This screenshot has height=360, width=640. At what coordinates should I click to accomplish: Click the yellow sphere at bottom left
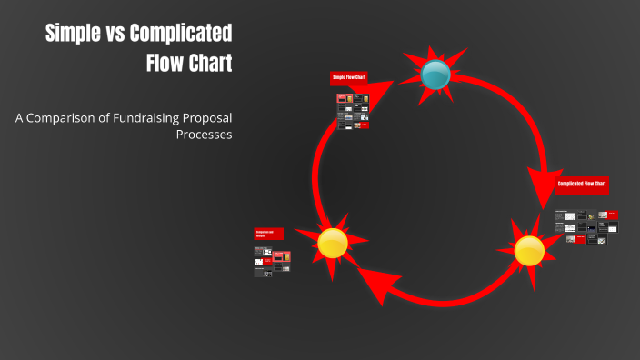(333, 243)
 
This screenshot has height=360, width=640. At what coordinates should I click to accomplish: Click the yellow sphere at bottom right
(529, 250)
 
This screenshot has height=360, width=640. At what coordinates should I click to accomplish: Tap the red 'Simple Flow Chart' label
(349, 78)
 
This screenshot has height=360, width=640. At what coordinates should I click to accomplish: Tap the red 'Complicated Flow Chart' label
(582, 184)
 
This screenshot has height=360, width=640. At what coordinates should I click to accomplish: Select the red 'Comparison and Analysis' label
(269, 234)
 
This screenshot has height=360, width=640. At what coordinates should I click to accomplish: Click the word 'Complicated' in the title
(180, 35)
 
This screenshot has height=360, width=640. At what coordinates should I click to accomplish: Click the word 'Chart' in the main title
(207, 64)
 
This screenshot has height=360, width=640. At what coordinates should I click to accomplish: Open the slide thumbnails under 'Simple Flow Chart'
(352, 109)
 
